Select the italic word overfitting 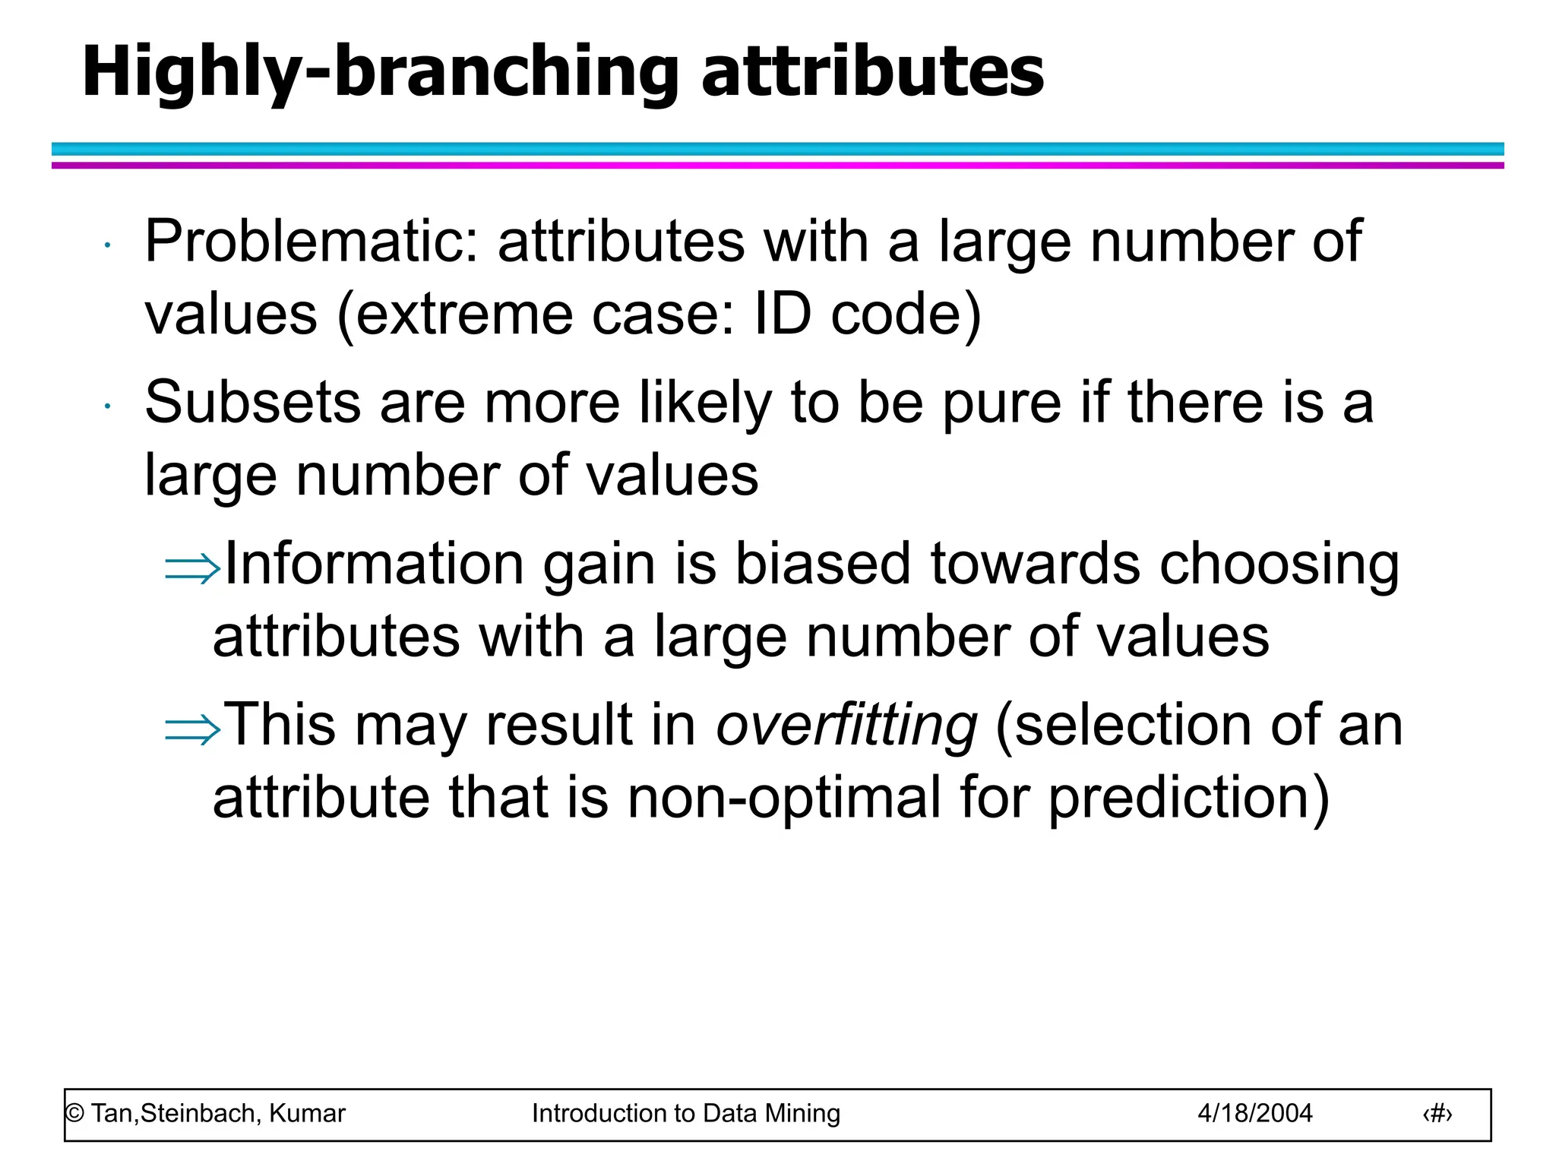coord(846,725)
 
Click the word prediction coord(1188,798)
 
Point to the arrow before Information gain coord(192,568)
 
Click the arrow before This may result coord(192,729)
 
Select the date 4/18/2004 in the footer coord(1254,1114)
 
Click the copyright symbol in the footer coord(74,1114)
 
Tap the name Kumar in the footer coord(307,1114)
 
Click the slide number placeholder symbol coord(1437,1114)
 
